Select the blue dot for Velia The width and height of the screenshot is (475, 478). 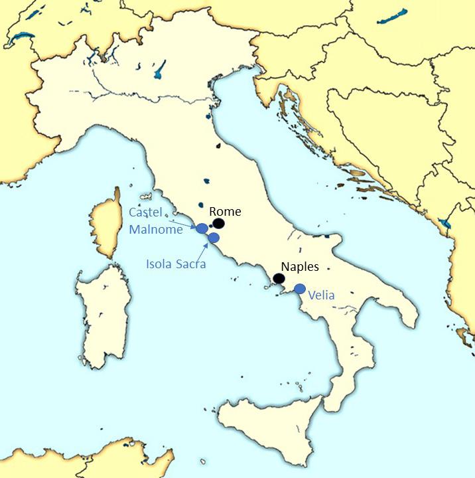300,289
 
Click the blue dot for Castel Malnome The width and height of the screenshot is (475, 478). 202,228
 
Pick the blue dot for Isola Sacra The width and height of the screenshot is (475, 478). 214,238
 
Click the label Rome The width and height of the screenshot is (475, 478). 225,212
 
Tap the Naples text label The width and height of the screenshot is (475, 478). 300,267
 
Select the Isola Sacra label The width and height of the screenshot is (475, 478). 176,264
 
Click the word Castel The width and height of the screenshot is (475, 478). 145,212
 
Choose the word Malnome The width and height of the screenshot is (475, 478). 155,230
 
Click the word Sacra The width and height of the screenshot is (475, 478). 191,264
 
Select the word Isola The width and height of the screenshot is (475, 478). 160,264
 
